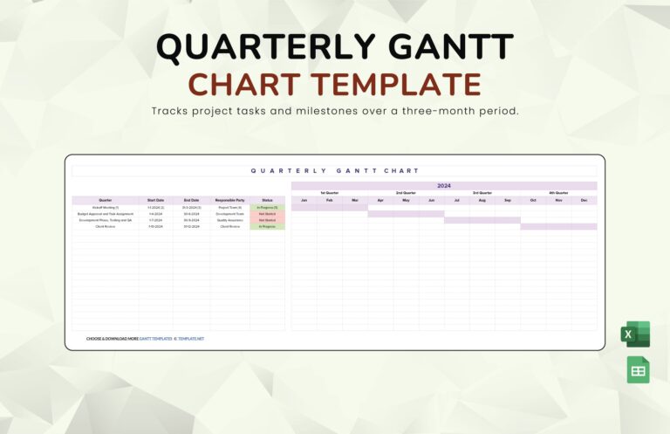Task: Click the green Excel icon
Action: pos(635,334)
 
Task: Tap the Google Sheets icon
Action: pos(638,370)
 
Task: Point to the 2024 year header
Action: pos(444,185)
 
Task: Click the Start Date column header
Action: pos(155,200)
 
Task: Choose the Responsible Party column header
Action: pos(229,200)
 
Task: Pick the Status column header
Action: pos(267,200)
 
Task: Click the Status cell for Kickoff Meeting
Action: pos(267,207)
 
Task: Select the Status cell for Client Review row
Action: pos(267,226)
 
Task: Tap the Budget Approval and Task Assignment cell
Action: pos(106,214)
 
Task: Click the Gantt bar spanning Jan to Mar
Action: pos(329,208)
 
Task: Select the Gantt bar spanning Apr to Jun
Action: pos(406,214)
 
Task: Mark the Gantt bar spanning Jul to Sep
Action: pos(482,220)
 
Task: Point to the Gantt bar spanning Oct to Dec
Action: pos(558,226)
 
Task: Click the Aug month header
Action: pos(482,200)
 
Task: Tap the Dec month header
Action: pos(584,200)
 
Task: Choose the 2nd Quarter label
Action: pos(406,193)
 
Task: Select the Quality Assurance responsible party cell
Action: pos(229,220)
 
